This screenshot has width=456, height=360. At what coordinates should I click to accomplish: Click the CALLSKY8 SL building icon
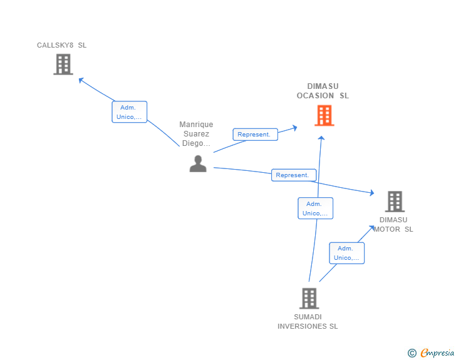tap(63, 64)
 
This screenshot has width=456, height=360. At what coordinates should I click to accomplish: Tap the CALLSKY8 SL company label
tap(61, 45)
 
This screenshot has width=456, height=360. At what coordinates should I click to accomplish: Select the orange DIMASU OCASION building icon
tap(324, 115)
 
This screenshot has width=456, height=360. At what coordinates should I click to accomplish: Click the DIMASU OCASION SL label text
tap(323, 91)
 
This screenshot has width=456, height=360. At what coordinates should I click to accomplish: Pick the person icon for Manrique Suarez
tap(198, 163)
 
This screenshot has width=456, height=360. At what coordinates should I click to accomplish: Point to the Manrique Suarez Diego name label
tap(196, 134)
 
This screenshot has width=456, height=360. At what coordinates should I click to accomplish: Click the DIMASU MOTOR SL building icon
tap(395, 201)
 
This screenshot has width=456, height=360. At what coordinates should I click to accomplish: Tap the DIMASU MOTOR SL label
tap(393, 225)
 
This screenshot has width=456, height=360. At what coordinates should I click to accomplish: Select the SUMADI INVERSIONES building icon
tap(309, 299)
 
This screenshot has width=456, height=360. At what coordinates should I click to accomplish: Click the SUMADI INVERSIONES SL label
tap(308, 322)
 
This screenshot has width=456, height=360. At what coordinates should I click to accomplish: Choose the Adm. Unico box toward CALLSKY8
tap(130, 112)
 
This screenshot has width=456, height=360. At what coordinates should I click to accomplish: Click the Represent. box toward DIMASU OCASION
tap(256, 135)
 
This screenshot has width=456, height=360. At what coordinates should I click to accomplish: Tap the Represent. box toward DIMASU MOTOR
tap(294, 175)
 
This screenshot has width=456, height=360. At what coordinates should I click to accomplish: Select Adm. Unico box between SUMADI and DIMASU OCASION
tap(315, 208)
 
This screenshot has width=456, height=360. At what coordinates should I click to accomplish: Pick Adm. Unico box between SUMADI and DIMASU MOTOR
tap(346, 253)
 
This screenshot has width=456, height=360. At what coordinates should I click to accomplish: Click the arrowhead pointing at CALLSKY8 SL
tap(81, 80)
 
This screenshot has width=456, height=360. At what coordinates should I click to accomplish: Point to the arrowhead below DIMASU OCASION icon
tap(321, 138)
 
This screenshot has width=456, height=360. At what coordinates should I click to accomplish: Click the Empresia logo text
tap(437, 352)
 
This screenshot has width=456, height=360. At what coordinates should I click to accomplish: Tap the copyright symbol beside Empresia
tap(412, 353)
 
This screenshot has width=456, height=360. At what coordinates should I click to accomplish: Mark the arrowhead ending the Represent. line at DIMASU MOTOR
tap(372, 192)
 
